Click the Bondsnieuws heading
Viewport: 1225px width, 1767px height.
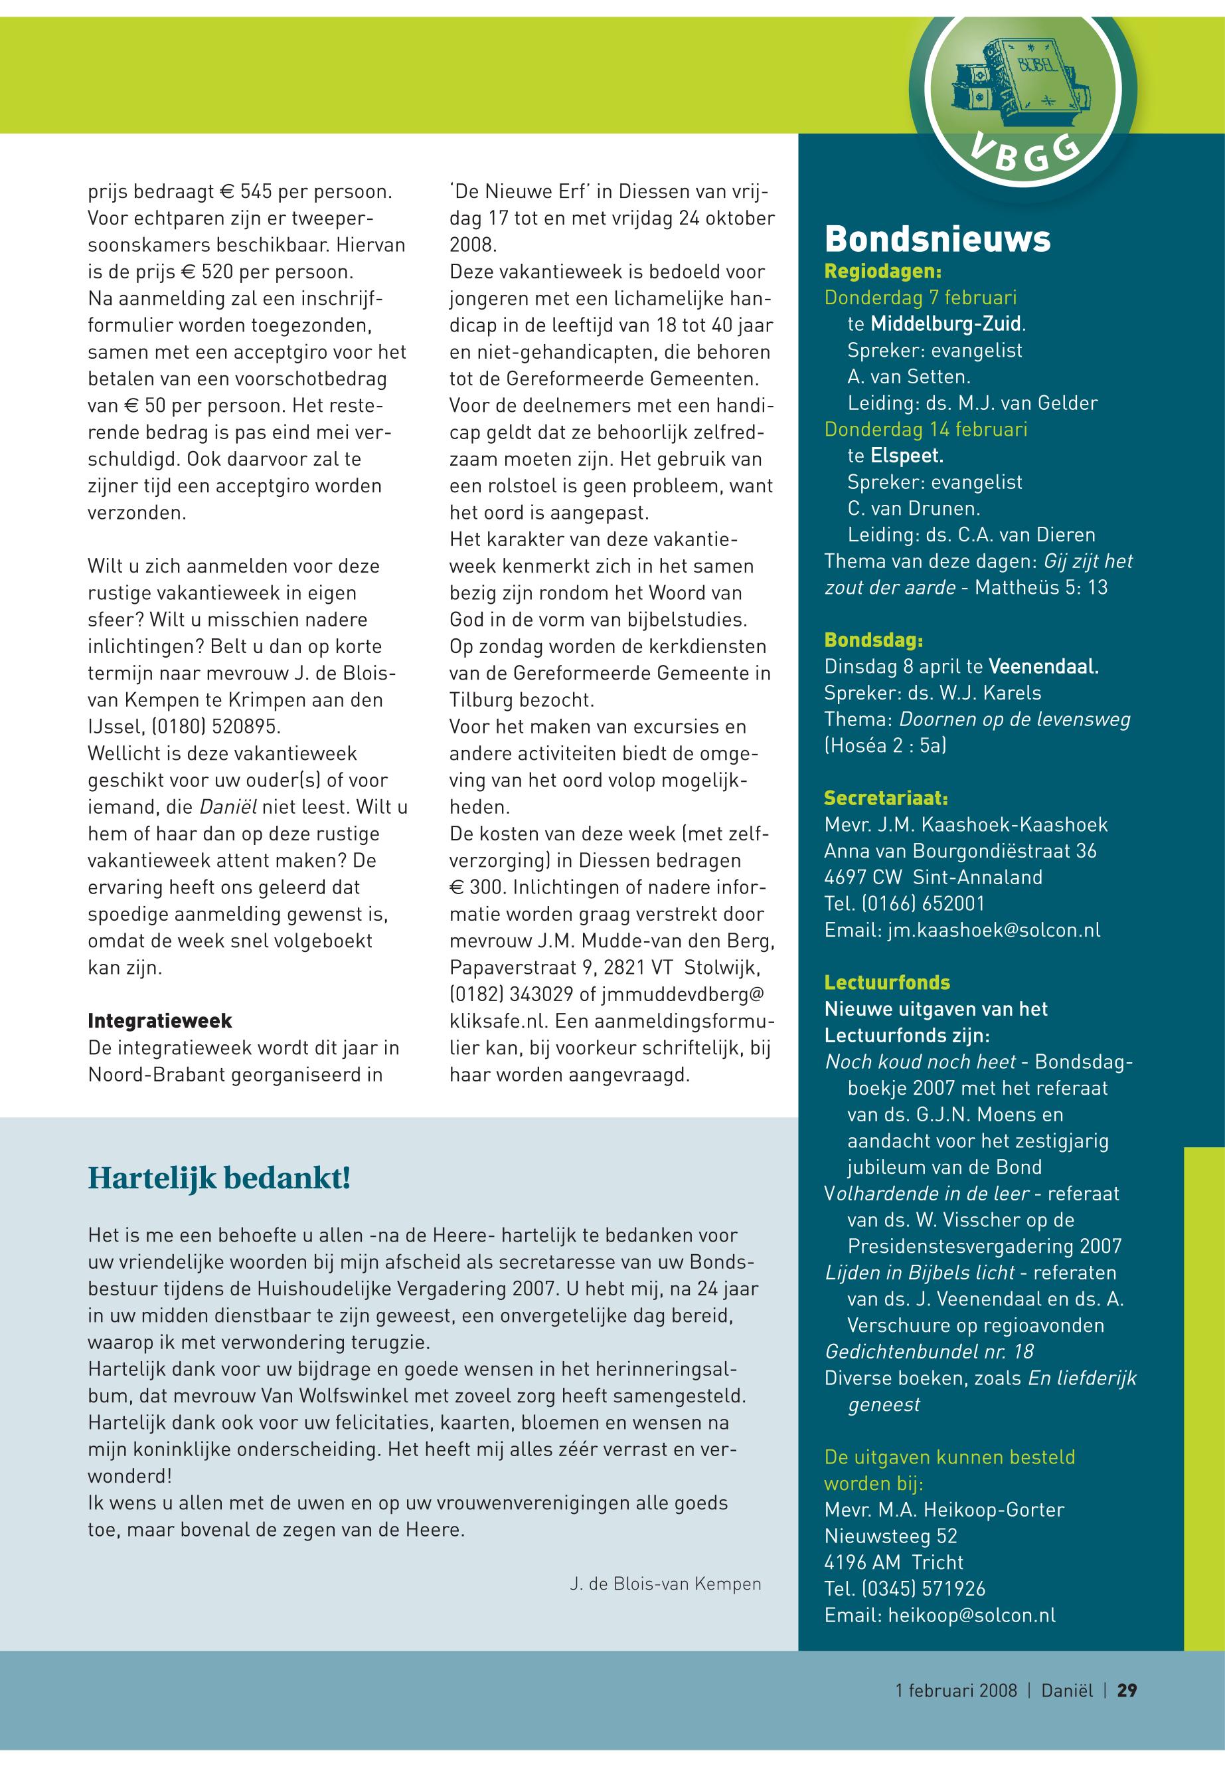[x=937, y=240]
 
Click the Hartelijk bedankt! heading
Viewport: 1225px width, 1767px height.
[x=220, y=1177]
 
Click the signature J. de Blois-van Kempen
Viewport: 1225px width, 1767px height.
[x=665, y=1584]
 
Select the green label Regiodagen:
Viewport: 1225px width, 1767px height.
[x=882, y=271]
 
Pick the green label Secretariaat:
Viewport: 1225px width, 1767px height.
[x=886, y=798]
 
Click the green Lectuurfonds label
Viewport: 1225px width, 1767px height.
[x=886, y=982]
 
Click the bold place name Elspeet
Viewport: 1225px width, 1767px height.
[x=906, y=456]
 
